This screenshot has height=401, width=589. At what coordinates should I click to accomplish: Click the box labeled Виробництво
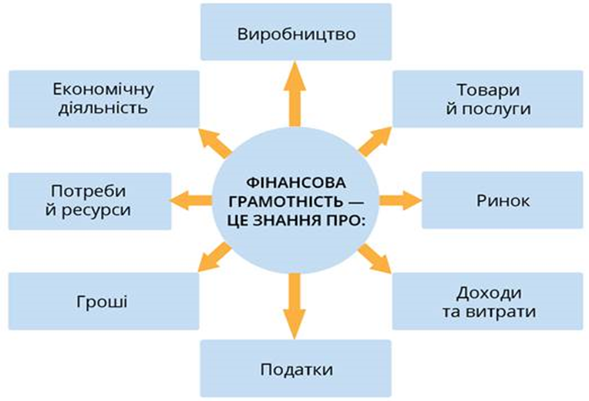pyautogui.click(x=296, y=32)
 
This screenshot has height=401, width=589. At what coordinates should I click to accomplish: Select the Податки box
pyautogui.click(x=296, y=369)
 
